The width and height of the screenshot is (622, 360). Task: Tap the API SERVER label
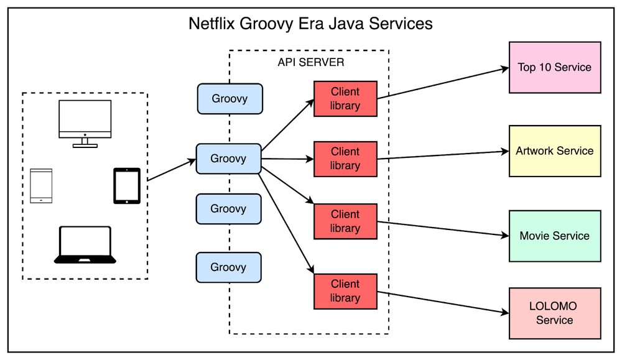(310, 62)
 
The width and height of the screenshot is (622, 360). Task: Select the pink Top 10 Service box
(554, 67)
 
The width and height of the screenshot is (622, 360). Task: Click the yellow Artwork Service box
(554, 151)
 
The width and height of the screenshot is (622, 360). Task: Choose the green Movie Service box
(554, 236)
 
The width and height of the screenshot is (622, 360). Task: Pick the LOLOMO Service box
(554, 313)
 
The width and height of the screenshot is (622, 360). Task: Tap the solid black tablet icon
(126, 186)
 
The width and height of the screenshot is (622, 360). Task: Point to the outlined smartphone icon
(41, 186)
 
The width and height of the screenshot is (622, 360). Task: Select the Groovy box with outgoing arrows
(228, 159)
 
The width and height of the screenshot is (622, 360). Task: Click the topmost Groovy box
(230, 99)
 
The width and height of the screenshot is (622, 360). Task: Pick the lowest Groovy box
(228, 267)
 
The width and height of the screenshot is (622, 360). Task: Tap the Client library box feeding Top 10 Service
(345, 98)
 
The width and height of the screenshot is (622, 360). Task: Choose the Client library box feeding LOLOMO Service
(345, 291)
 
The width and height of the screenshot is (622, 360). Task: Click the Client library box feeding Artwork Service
(345, 159)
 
